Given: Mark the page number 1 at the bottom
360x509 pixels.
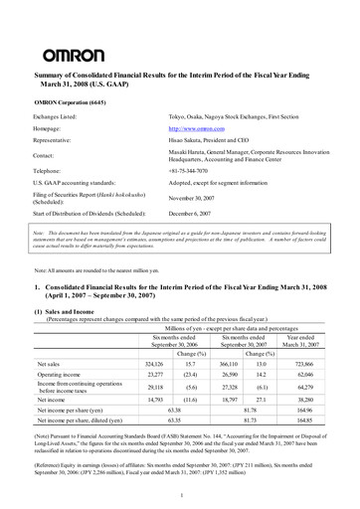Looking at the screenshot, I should (180, 494).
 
